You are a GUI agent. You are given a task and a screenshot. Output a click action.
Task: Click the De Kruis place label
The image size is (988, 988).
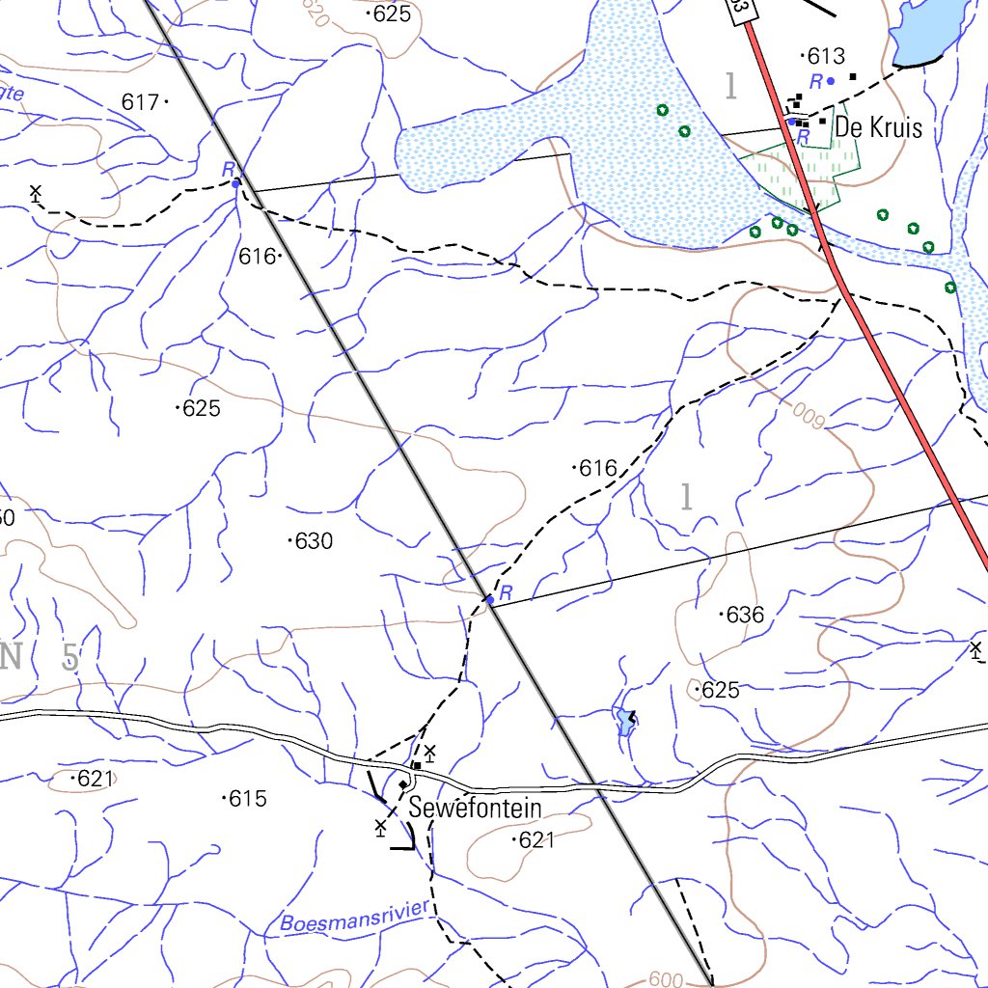[x=878, y=127]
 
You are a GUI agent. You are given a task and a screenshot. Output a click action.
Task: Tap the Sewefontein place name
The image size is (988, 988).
[x=476, y=808]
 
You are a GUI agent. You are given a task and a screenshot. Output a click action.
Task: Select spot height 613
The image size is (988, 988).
[x=825, y=55]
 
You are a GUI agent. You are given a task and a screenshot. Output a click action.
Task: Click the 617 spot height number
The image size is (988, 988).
[x=140, y=101]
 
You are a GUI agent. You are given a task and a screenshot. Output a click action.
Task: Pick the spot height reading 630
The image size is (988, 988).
[x=314, y=541]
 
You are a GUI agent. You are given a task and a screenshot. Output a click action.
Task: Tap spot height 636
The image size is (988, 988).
[x=745, y=615]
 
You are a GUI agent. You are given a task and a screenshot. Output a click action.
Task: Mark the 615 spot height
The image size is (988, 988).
[x=248, y=799]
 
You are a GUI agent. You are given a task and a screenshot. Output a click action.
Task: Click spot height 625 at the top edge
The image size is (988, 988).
[x=392, y=14]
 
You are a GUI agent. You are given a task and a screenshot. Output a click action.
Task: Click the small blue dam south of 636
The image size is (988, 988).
[x=624, y=721]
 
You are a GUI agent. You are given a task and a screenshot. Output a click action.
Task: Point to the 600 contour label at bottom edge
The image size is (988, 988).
[x=666, y=979]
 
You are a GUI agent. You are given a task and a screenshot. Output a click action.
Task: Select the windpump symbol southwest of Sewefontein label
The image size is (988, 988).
[x=381, y=827]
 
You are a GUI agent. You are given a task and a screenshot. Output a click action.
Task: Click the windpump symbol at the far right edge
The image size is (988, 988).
[x=975, y=648]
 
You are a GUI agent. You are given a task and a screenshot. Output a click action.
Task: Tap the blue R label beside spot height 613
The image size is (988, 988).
[x=816, y=81]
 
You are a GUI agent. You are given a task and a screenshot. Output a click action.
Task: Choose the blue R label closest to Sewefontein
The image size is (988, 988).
[x=506, y=591]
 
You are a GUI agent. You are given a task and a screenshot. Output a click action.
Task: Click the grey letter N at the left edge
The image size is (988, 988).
[x=11, y=657]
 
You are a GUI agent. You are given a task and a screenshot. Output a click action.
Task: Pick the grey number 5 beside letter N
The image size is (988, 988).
[x=70, y=658]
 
